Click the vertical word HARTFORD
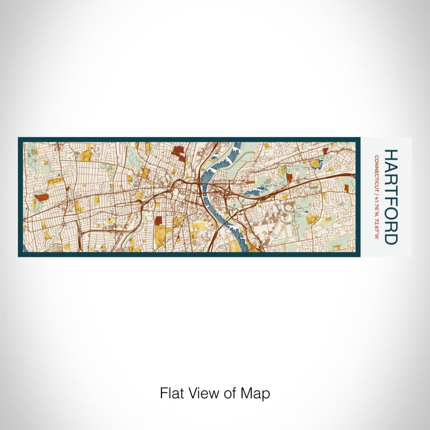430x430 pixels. click(391, 197)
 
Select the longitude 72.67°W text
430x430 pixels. click(376, 225)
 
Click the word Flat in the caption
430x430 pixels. click(171, 393)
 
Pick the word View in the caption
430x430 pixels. click(201, 393)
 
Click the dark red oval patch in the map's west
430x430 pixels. click(41, 197)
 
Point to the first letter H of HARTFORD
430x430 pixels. click(391, 155)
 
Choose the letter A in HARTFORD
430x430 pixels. click(391, 166)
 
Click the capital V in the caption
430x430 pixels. click(193, 393)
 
